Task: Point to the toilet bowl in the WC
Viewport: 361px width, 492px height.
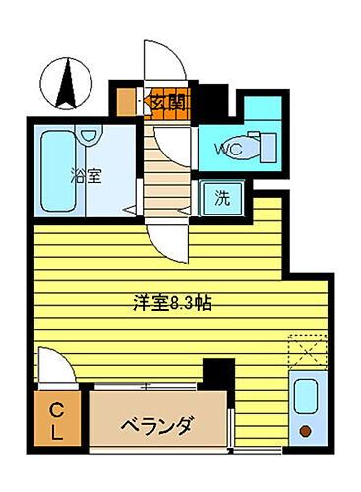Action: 260,148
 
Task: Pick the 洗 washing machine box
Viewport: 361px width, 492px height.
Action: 223,197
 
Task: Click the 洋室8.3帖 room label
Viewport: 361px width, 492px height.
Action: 173,303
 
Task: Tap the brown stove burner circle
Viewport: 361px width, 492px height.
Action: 305,430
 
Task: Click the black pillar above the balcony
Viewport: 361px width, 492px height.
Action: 217,375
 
